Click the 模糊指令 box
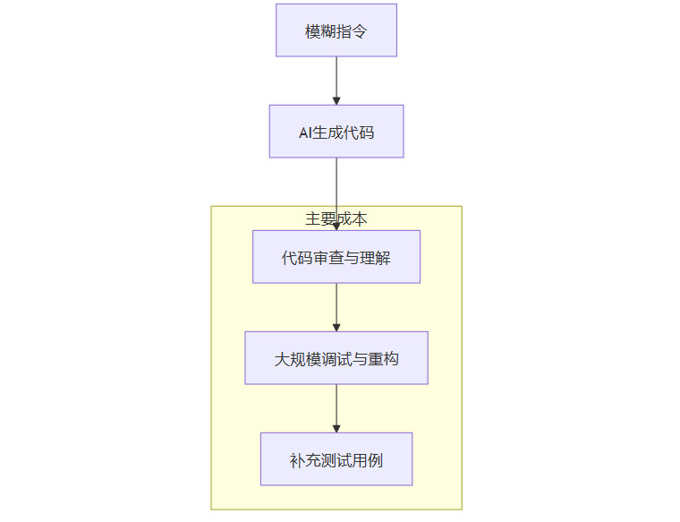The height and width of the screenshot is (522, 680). coord(336,30)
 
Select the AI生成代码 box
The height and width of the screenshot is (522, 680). coord(336,132)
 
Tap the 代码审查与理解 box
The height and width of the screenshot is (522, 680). coord(336,257)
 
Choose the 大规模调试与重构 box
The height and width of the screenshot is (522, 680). coord(336,358)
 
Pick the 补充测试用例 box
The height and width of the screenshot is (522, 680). coord(336,459)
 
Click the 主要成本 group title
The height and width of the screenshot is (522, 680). coord(336,218)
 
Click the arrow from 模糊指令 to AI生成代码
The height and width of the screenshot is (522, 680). coord(336,79)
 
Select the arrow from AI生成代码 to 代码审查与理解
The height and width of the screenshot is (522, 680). coord(336,188)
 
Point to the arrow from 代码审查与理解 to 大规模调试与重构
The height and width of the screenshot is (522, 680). coord(336,305)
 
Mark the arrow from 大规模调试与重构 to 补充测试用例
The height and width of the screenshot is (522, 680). coord(336,406)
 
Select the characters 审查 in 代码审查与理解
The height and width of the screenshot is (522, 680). coord(328,259)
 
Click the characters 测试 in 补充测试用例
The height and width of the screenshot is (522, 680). coord(336,461)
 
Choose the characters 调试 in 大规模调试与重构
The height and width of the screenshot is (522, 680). coord(336,360)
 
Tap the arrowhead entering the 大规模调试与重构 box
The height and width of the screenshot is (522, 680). coord(336,327)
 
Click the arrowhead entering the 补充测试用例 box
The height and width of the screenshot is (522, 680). coord(336,428)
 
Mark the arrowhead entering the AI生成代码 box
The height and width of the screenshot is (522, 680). coord(336,100)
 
